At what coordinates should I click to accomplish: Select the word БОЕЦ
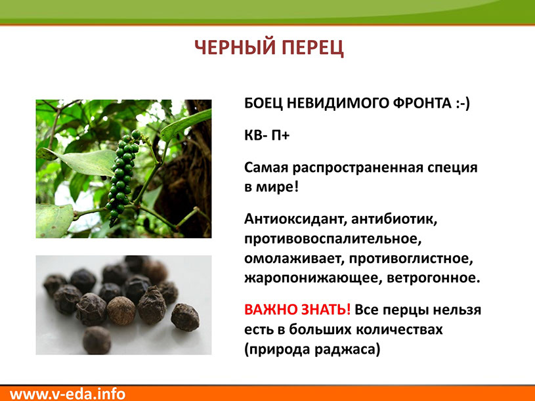pyautogui.click(x=263, y=103)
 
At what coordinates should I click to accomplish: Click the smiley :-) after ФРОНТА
pyautogui.click(x=463, y=103)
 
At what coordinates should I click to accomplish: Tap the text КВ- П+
pyautogui.click(x=267, y=135)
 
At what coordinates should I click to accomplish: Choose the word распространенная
pyautogui.click(x=356, y=168)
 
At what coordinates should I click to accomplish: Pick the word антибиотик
pyautogui.click(x=395, y=219)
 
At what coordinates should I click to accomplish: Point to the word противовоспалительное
pyautogui.click(x=333, y=239)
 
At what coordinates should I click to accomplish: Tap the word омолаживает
pyautogui.click(x=294, y=258)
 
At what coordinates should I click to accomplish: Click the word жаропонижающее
pyautogui.click(x=314, y=278)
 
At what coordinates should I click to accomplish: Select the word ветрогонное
pyautogui.click(x=434, y=278)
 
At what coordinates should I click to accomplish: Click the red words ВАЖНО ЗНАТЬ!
pyautogui.click(x=297, y=310)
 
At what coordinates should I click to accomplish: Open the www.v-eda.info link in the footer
pyautogui.click(x=68, y=394)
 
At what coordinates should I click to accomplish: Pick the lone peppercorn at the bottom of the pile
pyautogui.click(x=97, y=340)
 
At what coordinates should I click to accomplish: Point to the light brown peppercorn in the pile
pyautogui.click(x=121, y=310)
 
